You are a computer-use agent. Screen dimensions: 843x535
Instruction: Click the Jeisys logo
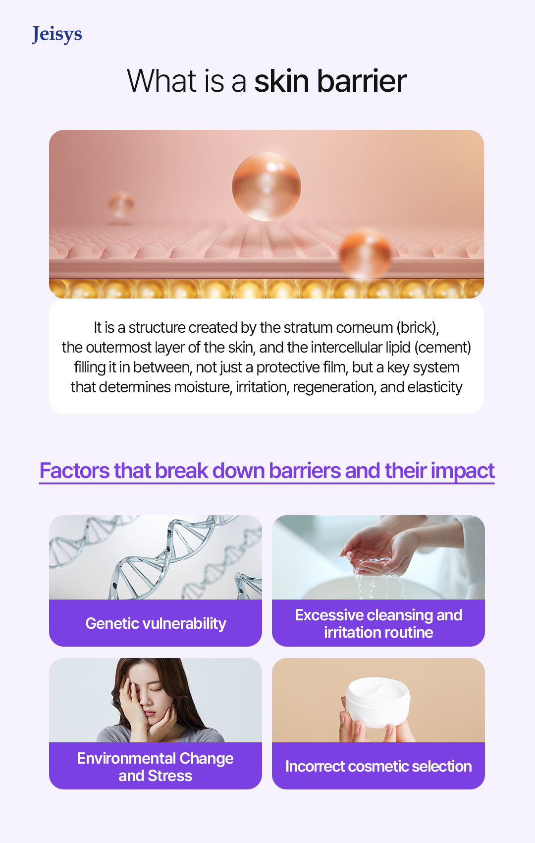(57, 34)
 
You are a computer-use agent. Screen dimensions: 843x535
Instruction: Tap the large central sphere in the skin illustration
(267, 186)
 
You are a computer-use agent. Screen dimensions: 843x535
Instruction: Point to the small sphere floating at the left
(121, 204)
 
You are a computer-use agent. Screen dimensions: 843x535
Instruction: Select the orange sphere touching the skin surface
(366, 254)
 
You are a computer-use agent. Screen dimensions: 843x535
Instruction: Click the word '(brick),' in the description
(417, 327)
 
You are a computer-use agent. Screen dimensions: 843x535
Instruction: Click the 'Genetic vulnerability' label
(156, 623)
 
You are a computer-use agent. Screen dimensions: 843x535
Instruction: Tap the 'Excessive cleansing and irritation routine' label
(378, 623)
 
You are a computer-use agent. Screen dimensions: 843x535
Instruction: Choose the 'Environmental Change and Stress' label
(156, 767)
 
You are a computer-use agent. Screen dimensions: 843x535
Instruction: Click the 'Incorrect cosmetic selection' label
(378, 766)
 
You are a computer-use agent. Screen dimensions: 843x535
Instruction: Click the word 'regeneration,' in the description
(334, 387)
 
